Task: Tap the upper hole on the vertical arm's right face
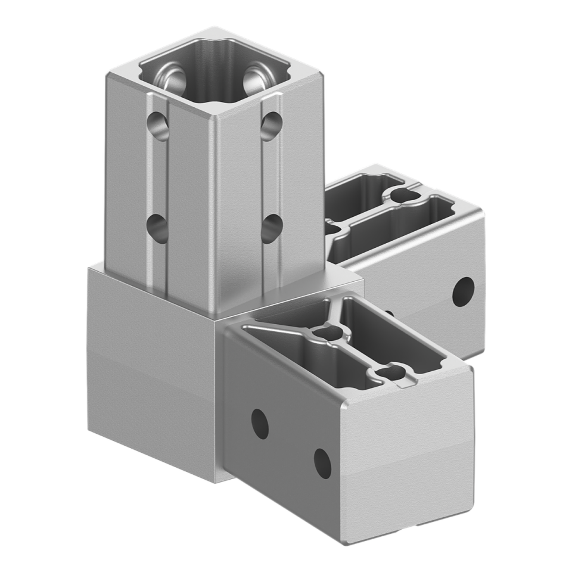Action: coord(272,125)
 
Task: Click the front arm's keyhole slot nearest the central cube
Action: coord(327,334)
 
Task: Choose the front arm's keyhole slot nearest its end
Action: coord(390,372)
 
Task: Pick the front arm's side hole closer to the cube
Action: coord(259,421)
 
